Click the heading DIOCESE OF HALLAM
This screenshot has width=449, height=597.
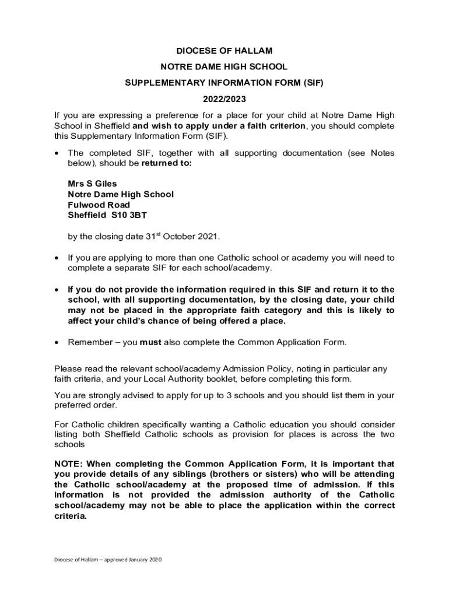(x=224, y=51)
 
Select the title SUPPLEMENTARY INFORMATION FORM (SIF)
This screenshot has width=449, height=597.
(x=224, y=83)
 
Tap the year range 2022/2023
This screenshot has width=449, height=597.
(x=224, y=99)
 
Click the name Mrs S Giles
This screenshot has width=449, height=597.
(x=92, y=184)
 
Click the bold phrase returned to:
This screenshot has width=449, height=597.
(x=167, y=163)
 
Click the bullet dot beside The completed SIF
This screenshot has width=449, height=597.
(x=57, y=153)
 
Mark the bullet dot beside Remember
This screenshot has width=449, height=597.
(x=57, y=342)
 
